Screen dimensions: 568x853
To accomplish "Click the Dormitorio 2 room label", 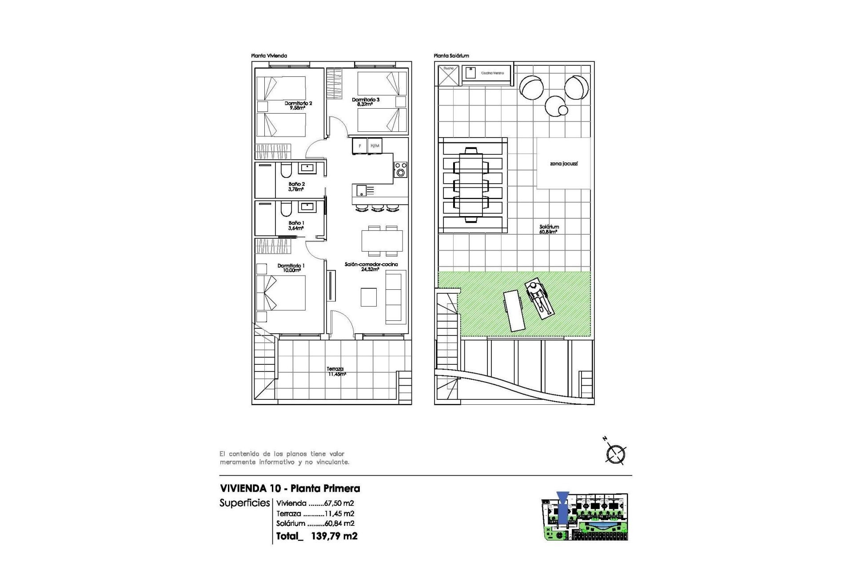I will tap(298, 105).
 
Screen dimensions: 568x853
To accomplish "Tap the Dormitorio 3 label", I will tap(365, 102).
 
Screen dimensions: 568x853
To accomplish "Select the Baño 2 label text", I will tap(296, 186).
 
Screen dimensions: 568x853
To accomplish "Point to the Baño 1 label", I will tap(296, 225).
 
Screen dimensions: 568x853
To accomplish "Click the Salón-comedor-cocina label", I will tap(371, 266).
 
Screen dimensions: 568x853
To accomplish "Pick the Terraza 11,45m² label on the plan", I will tap(336, 371).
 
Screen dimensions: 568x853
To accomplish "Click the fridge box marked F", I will tap(359, 146).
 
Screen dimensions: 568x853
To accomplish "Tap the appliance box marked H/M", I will tap(375, 146).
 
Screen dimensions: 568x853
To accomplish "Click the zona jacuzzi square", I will tap(563, 163).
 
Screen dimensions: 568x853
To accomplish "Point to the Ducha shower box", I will tap(448, 75).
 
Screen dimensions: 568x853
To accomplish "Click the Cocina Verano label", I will tap(492, 73).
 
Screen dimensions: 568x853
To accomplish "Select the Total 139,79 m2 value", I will tap(334, 536).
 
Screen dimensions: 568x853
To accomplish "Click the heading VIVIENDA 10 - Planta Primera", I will tap(290, 488).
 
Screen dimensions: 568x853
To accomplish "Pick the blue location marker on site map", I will tap(562, 509).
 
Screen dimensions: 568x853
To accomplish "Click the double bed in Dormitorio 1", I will tap(281, 293).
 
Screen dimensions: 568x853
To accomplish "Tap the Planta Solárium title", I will tap(451, 56).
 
